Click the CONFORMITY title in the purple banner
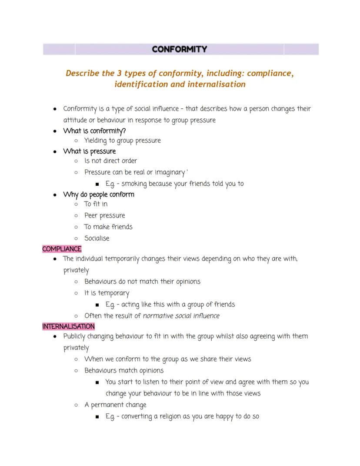tap(180, 49)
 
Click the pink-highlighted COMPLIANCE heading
tap(62, 249)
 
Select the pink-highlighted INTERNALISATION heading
tap(68, 326)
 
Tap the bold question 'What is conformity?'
tap(94, 131)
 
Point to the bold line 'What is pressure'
tap(89, 151)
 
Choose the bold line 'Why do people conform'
tap(98, 194)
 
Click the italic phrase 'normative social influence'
tap(181, 316)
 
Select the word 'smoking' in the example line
tap(134, 184)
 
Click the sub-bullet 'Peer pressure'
tap(104, 215)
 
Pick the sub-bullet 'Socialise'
tap(97, 238)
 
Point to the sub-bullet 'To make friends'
tap(108, 227)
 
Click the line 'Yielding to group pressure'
tap(122, 141)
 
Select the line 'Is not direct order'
tap(110, 161)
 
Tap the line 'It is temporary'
tap(107, 293)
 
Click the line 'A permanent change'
tap(115, 405)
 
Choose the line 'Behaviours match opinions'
tap(123, 371)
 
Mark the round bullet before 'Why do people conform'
tap(55, 194)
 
